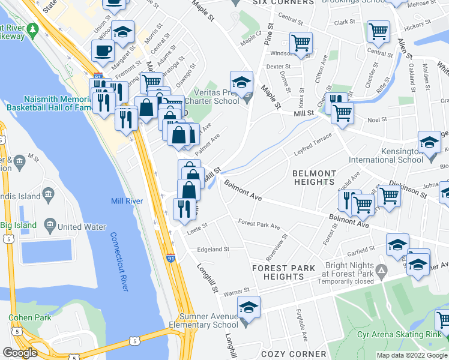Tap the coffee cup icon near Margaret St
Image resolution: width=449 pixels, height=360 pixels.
click(103, 50)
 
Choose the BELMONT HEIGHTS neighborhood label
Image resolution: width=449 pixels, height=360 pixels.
click(313, 177)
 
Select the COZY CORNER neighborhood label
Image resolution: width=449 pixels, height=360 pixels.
click(289, 354)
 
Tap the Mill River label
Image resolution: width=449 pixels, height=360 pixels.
click(127, 201)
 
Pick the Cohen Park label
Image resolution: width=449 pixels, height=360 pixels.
click(25, 317)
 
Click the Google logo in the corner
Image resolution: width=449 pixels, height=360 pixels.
click(20, 353)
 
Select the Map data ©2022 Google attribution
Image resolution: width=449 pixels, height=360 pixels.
click(412, 355)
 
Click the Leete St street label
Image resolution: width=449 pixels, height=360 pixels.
click(197, 226)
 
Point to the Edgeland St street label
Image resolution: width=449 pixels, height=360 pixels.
click(209, 249)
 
